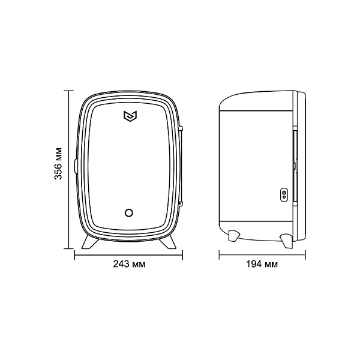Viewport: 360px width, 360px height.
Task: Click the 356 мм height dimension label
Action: [58, 163]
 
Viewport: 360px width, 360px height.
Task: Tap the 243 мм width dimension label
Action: [129, 264]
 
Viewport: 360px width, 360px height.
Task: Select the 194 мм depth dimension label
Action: [262, 264]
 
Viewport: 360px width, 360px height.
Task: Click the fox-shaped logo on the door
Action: [130, 116]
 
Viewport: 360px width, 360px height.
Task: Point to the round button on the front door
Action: [129, 212]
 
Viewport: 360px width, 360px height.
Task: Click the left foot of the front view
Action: [89, 242]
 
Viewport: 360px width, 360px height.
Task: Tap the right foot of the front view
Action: [168, 242]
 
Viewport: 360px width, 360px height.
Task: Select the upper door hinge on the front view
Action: [181, 128]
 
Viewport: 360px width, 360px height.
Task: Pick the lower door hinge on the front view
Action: [181, 203]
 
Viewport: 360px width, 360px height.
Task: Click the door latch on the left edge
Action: [76, 166]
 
